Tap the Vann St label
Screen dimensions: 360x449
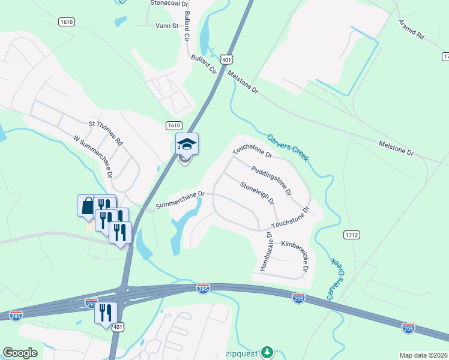167,26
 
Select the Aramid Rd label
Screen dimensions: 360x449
411,29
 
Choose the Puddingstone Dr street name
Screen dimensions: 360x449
271,182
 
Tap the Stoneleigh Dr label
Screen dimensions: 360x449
256,193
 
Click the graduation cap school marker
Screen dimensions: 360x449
187,144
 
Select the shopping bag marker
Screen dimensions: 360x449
87,205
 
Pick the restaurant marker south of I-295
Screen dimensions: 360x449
106,313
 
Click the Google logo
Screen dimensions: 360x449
20,353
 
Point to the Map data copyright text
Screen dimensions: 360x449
423,355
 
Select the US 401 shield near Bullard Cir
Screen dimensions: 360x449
225,59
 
